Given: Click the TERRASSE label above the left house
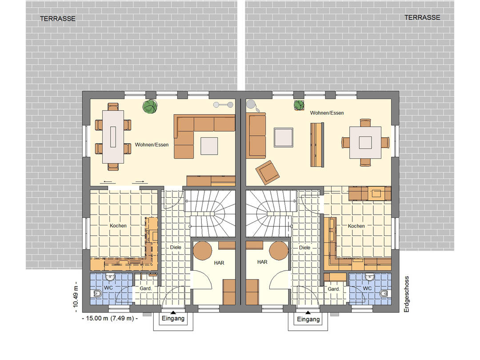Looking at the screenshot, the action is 58,19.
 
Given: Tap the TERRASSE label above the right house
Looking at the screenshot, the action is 422,17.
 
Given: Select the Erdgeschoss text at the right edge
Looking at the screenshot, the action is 407,294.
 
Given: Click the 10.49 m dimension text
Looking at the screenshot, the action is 76,296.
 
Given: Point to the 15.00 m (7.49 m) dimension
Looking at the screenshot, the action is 110,318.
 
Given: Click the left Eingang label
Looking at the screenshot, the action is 173,318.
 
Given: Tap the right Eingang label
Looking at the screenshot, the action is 308,319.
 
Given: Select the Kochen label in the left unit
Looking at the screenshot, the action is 118,226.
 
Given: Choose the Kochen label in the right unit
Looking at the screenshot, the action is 356,226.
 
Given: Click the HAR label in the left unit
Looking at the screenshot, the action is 219,263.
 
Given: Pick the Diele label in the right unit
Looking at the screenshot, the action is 304,248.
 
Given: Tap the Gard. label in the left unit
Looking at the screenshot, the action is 146,288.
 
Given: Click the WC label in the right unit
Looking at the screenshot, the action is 368,288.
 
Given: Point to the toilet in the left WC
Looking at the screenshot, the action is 97,294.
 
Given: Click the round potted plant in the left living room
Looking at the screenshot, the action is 150,107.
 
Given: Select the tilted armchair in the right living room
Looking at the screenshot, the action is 268,172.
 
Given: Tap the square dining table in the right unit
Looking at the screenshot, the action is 365,142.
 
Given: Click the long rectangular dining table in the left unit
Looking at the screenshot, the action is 113,136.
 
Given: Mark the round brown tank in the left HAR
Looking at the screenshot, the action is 202,251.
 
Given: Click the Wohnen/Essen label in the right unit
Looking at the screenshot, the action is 327,113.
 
